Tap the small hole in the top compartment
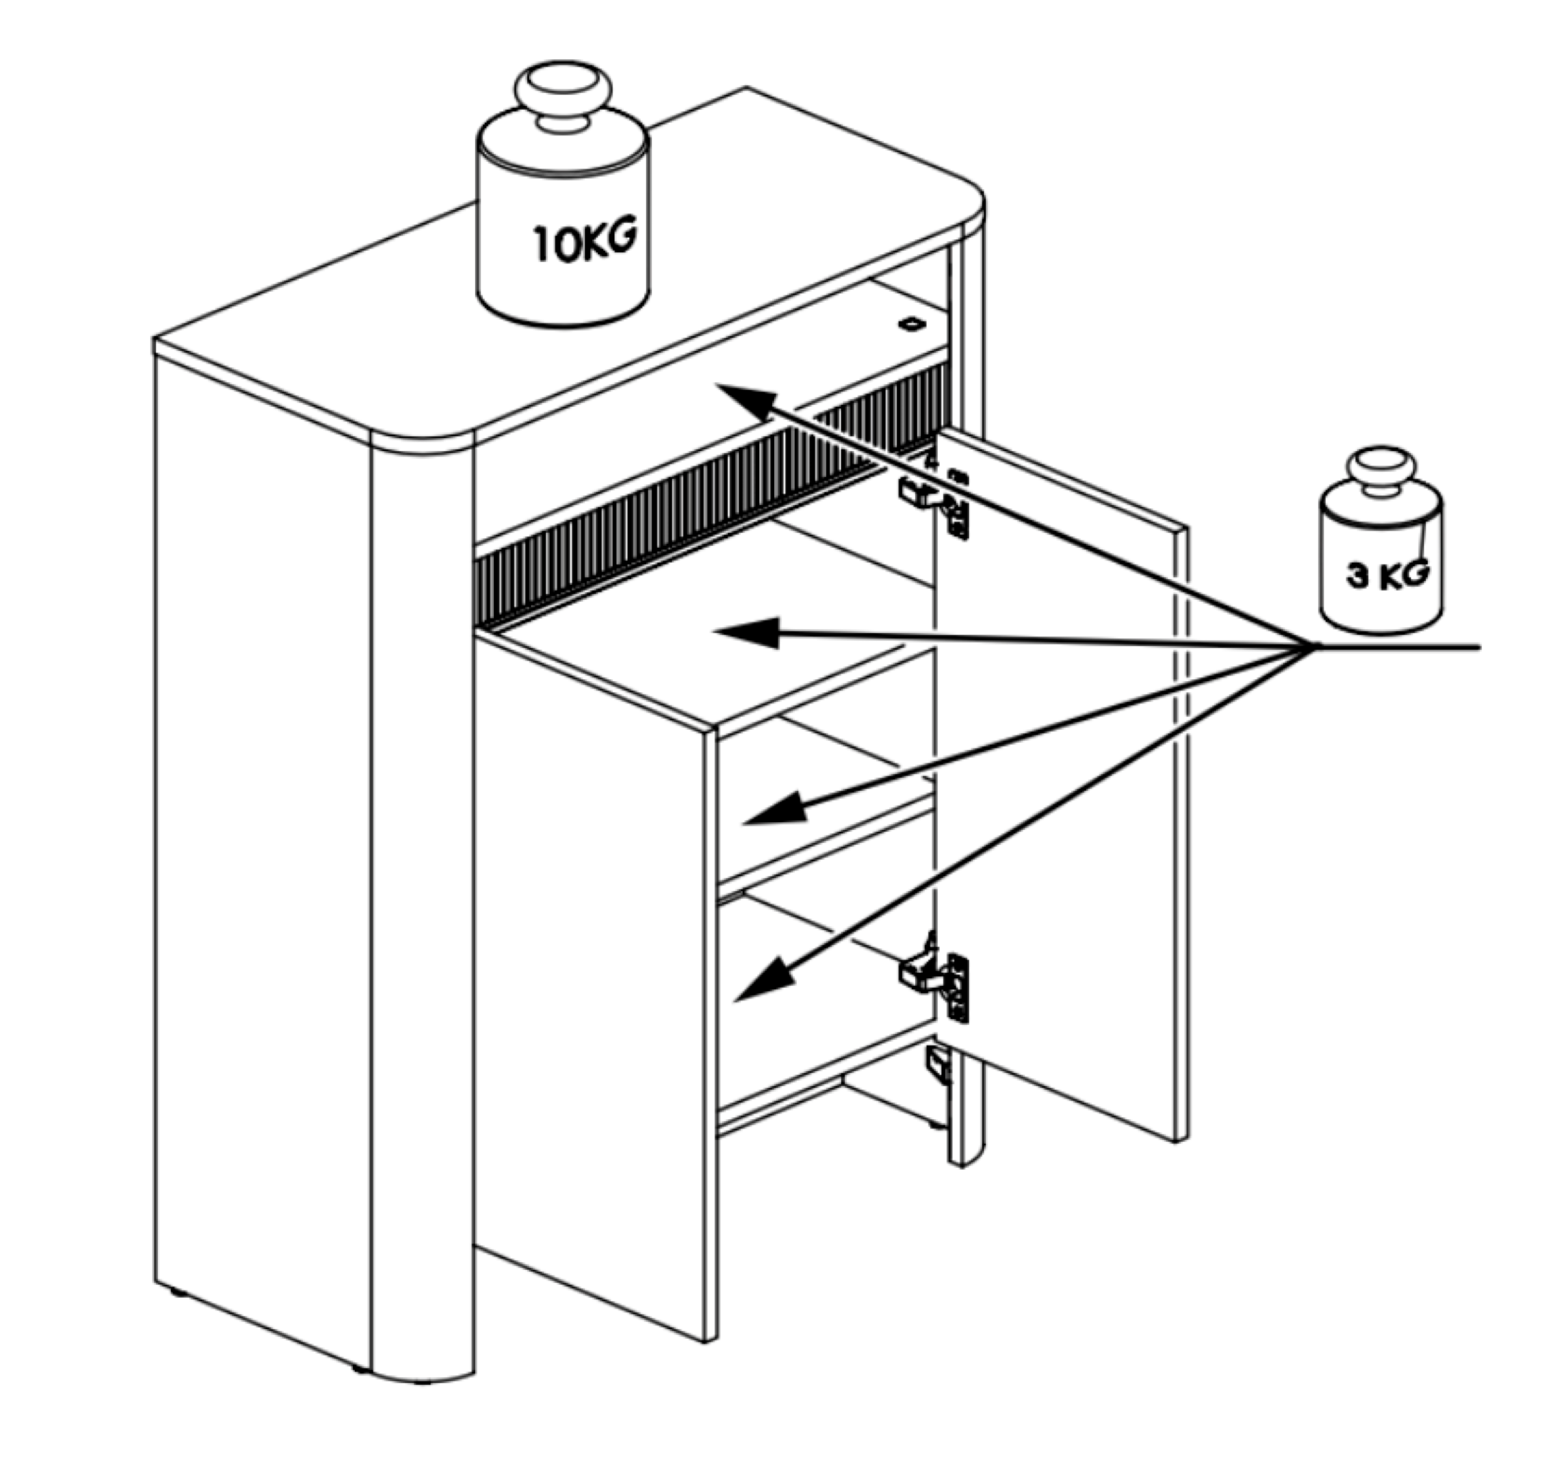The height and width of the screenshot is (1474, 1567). coord(912,323)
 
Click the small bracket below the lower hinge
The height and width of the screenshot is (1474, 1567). coord(940,1065)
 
